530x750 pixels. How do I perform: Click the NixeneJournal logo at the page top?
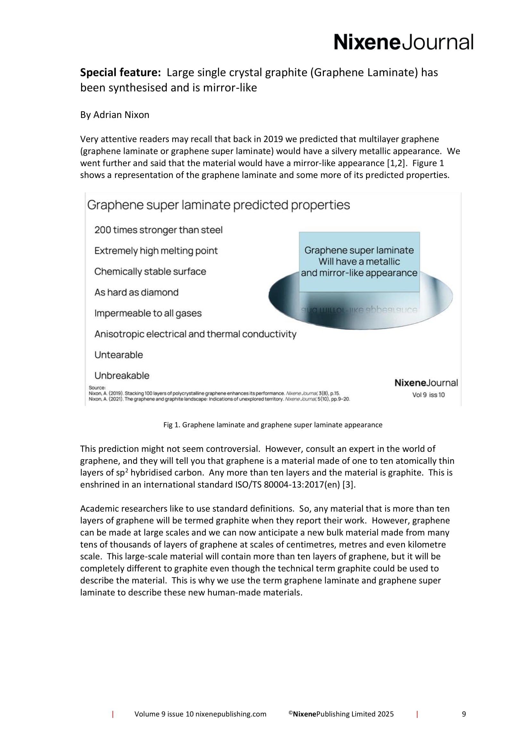[x=403, y=42]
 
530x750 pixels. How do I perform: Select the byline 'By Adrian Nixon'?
[x=114, y=115]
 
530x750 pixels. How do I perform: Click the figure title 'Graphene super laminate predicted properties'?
[x=218, y=205]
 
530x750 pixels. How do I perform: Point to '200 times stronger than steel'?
[x=158, y=230]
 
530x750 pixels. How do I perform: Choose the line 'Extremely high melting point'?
[x=156, y=251]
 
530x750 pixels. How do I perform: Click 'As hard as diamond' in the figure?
[x=137, y=292]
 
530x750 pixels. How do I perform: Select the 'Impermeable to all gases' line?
[x=148, y=313]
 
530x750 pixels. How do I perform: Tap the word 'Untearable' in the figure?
[x=119, y=355]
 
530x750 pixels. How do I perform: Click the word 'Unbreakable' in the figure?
[x=122, y=376]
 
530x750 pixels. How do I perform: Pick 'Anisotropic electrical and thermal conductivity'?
[x=195, y=334]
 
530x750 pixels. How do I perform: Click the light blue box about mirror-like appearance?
[x=359, y=261]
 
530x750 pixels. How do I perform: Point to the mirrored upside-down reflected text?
[x=359, y=310]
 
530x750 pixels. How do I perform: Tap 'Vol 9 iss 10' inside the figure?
[x=428, y=395]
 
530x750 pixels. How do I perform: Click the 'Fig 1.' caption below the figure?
[x=273, y=425]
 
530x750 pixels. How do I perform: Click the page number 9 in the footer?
[x=464, y=723]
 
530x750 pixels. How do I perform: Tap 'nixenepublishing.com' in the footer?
[x=231, y=723]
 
